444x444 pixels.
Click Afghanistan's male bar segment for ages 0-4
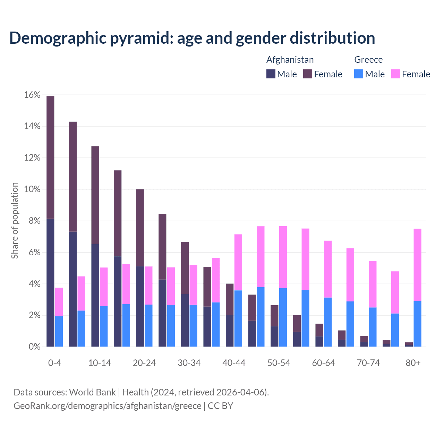coord(50,283)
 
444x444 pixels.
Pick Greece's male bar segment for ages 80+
coord(417,324)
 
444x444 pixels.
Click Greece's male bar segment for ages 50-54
coord(283,317)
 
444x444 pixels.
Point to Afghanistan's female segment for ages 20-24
coord(140,228)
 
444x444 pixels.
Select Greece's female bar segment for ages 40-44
coord(238,262)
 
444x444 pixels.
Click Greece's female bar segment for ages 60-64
coord(328,269)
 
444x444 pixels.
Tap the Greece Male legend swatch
coord(359,74)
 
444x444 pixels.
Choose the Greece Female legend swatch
coord(395,74)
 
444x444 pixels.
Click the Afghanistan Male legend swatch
coord(271,74)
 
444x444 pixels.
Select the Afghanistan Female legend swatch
coord(308,74)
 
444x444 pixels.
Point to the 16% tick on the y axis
coord(32,95)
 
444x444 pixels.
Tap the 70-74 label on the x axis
coord(368,363)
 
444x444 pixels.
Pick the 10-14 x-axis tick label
coord(100,363)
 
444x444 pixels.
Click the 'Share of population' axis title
coord(15,221)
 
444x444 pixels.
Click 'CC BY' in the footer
coord(220,405)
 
